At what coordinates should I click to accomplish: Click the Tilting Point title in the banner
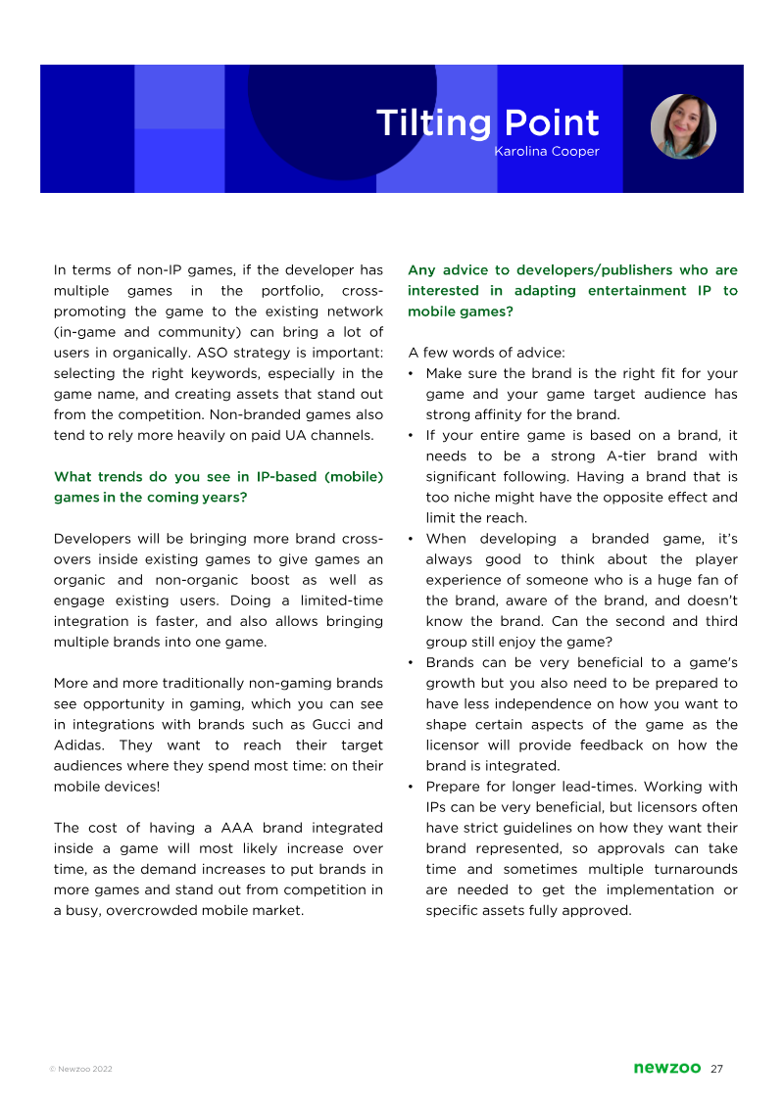(487, 123)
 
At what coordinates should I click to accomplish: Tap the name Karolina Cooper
(546, 152)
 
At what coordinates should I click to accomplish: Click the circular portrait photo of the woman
(683, 126)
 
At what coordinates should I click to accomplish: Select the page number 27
(716, 1069)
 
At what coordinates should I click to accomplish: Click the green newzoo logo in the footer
(666, 1069)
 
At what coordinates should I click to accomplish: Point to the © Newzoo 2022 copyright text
(80, 1070)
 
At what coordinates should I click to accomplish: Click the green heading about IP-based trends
(218, 487)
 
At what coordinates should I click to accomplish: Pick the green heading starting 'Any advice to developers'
(572, 291)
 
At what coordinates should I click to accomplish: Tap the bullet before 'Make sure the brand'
(412, 374)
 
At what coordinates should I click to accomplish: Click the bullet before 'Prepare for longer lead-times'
(412, 788)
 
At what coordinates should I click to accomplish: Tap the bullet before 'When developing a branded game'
(412, 540)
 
